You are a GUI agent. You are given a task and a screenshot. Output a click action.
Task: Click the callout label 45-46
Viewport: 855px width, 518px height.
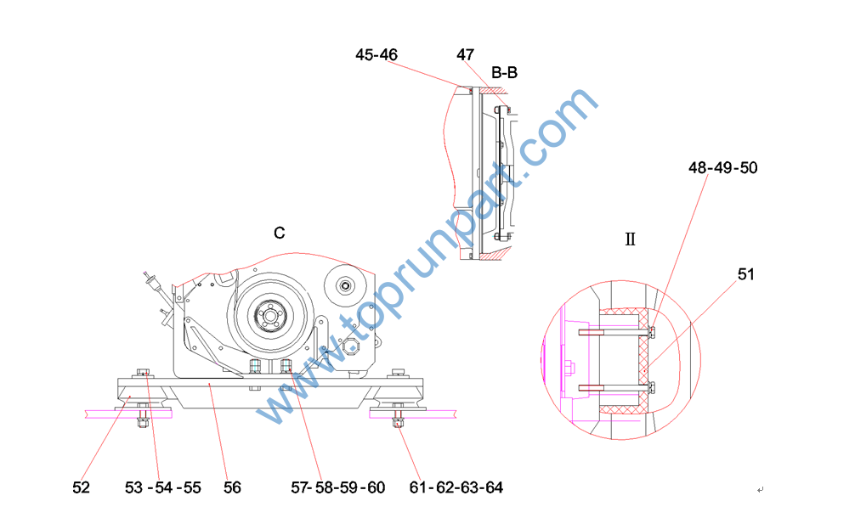point(377,54)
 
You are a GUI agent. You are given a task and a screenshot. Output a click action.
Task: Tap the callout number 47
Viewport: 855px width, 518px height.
point(465,54)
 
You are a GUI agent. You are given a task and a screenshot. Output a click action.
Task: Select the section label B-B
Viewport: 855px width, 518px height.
point(504,72)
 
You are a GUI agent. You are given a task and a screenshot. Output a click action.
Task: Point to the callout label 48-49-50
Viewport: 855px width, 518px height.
point(722,168)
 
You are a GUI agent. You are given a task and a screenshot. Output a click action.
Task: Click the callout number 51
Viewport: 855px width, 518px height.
point(746,274)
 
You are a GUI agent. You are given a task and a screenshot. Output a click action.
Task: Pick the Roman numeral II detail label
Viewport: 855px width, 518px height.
point(630,239)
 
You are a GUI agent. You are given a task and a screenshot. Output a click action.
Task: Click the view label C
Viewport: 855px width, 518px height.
point(279,234)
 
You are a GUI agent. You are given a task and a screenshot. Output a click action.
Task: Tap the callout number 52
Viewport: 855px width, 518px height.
point(82,487)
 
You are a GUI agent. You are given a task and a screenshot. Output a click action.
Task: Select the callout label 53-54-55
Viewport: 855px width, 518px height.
point(163,487)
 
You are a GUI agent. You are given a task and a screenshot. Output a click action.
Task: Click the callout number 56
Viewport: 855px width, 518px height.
point(232,487)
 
